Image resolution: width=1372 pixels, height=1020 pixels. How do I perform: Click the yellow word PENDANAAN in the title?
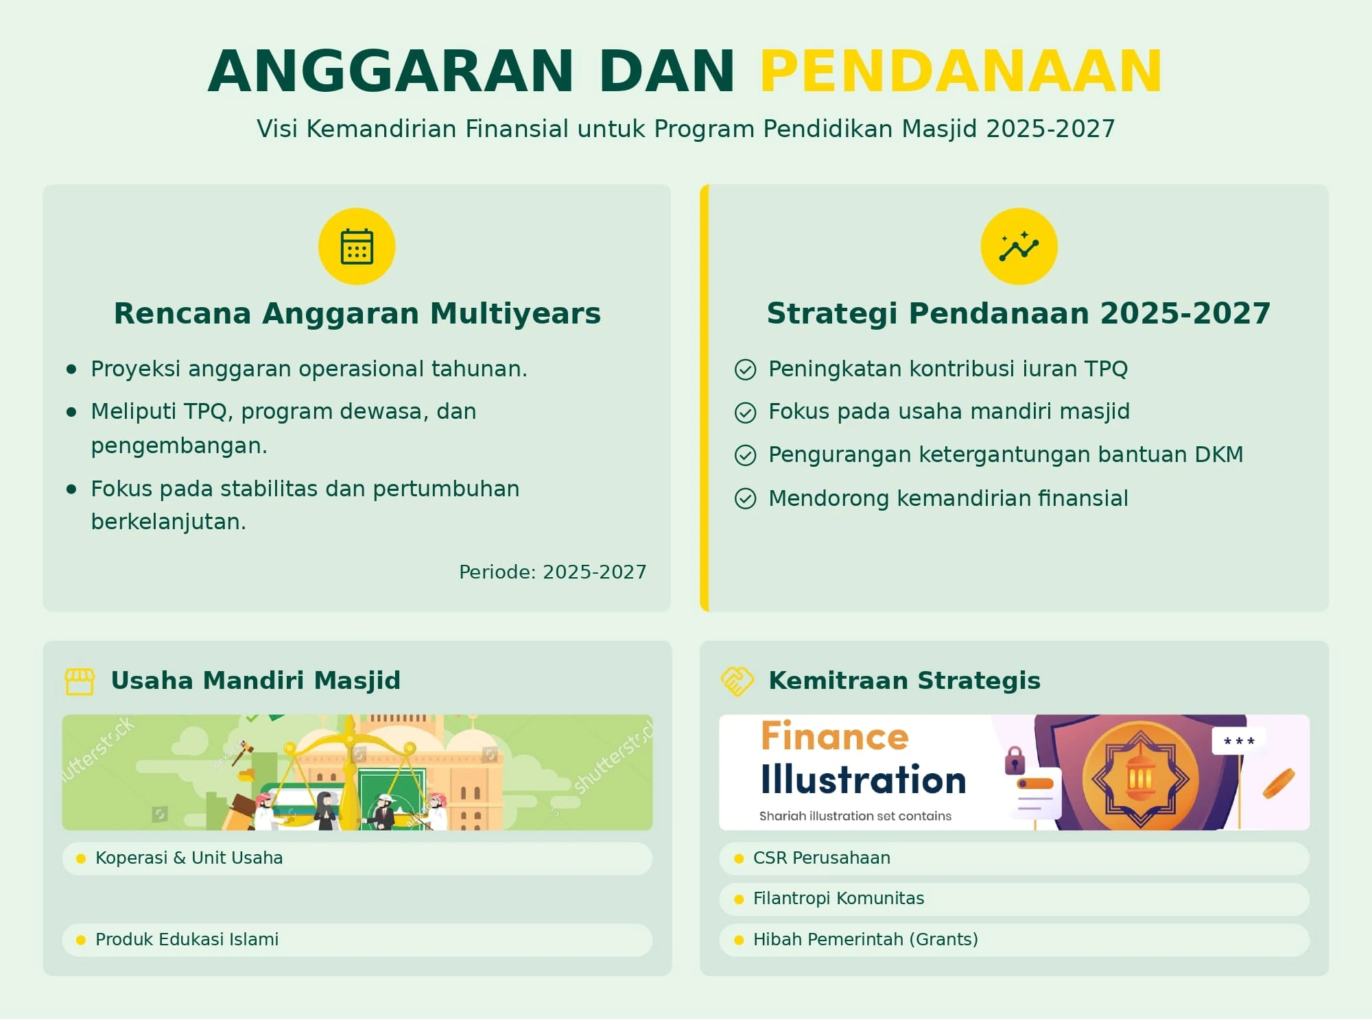960,71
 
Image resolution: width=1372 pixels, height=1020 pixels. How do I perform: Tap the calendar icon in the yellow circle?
357,247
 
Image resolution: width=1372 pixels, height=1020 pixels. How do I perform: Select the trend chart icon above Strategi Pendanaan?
1019,247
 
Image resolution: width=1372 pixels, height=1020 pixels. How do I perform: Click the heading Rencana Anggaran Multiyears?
357,313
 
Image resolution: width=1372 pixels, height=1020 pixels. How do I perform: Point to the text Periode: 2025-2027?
552,572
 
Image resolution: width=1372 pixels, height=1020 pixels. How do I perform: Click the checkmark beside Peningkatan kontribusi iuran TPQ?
745,369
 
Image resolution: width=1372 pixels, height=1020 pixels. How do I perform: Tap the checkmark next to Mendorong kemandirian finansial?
745,498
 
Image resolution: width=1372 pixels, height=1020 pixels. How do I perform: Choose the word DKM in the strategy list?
1218,454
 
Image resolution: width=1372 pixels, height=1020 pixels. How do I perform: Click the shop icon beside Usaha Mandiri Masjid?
80,681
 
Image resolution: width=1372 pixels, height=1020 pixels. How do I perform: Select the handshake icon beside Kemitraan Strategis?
737,681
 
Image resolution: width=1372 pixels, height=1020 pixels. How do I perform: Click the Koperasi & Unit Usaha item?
189,858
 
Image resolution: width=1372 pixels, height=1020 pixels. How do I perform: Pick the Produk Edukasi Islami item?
187,940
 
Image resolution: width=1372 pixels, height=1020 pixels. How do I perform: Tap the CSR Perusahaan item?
821,858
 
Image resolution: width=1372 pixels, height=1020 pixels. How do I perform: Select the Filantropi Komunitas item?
838,899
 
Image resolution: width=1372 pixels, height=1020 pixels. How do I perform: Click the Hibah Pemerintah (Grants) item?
865,940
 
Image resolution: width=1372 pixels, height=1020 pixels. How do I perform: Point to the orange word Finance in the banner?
834,737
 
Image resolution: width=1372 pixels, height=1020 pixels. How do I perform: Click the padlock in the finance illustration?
1015,760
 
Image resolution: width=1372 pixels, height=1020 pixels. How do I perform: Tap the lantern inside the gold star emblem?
1140,778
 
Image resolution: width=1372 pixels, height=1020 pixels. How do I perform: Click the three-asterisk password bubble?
1239,741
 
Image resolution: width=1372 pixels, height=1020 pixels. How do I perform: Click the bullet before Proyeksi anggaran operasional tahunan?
71,369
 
